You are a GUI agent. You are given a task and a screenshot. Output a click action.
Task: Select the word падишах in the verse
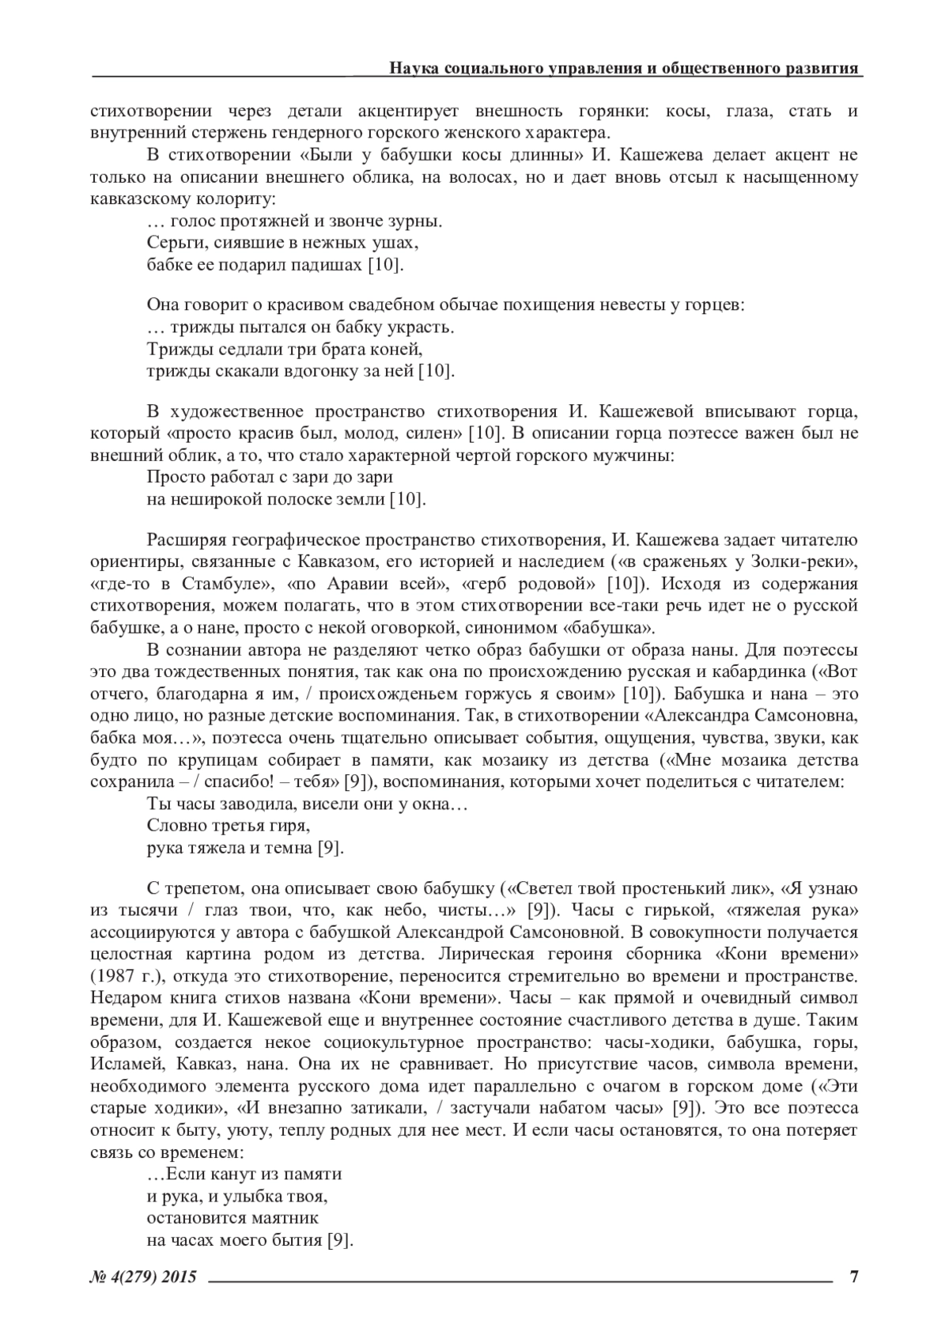pyautogui.click(x=331, y=264)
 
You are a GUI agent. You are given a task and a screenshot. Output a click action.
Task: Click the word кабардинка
pyautogui.click(x=761, y=672)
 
